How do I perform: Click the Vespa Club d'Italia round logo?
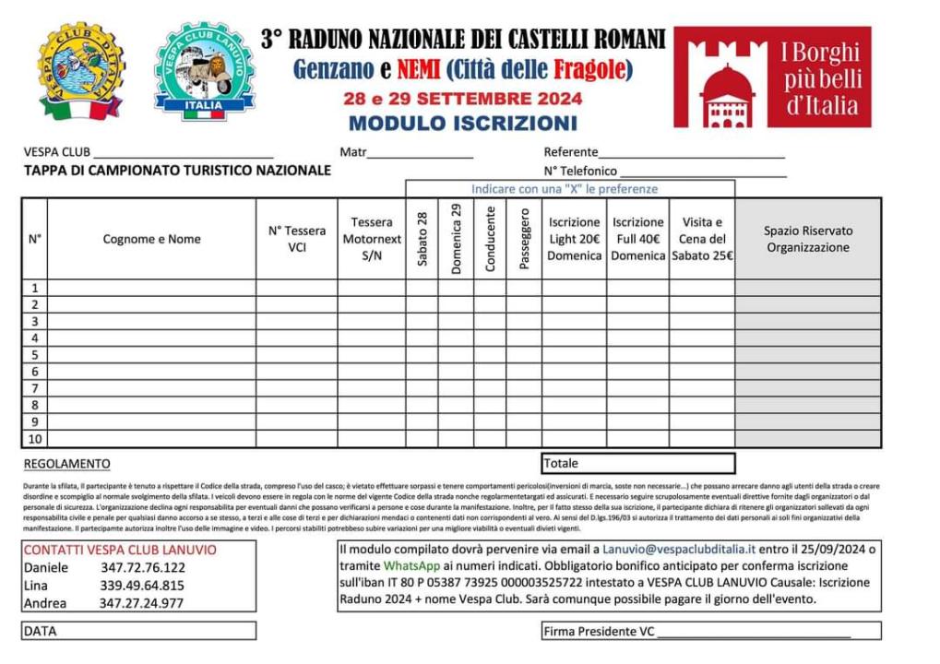[81, 72]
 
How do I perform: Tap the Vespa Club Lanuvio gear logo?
[204, 70]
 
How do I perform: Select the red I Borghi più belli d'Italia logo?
[772, 77]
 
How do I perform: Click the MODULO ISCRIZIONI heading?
[463, 123]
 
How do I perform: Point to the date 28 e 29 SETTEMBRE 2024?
[462, 99]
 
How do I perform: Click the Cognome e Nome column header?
[151, 239]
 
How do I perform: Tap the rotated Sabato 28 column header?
[422, 239]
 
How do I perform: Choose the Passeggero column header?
[524, 239]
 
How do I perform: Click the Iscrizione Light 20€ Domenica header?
[574, 239]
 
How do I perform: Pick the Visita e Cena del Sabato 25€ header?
[702, 239]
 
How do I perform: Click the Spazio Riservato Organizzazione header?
[808, 239]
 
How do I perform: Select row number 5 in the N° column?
[34, 355]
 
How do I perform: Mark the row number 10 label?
[34, 439]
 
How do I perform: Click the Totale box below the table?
[637, 463]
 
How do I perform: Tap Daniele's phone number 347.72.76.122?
[143, 567]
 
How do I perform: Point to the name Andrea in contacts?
[45, 603]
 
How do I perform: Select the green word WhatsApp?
[411, 565]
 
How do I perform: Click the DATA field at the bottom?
[138, 631]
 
